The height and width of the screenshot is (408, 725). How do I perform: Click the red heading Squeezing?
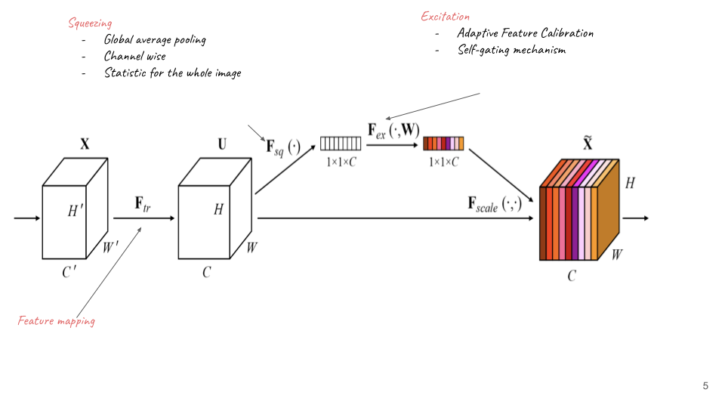[x=90, y=23]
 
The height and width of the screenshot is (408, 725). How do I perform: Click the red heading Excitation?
[x=446, y=17]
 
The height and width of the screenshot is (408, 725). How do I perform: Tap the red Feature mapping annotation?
[x=57, y=320]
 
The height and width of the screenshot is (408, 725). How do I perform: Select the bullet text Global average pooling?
[x=155, y=40]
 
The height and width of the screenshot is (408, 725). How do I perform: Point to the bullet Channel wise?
[x=134, y=56]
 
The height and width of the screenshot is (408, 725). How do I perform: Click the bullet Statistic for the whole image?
[x=172, y=73]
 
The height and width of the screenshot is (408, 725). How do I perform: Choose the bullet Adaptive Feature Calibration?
[x=526, y=32]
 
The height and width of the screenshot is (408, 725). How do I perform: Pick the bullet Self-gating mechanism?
[x=511, y=50]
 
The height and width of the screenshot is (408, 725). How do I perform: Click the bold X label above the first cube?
[x=85, y=144]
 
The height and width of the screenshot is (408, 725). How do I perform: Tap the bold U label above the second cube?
[x=222, y=144]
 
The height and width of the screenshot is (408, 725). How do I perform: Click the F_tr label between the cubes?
[x=143, y=204]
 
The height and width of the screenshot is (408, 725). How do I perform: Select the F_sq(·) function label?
[x=283, y=147]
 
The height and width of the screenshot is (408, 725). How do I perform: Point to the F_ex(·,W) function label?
[x=393, y=131]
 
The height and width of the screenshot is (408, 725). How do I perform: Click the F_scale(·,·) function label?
[x=494, y=204]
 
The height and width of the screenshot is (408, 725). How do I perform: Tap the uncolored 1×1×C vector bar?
[x=341, y=144]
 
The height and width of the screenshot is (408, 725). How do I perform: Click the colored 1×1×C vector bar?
[x=443, y=144]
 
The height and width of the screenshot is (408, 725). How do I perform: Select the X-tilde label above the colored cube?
[x=588, y=143]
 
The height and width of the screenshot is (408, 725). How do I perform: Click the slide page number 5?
[x=705, y=386]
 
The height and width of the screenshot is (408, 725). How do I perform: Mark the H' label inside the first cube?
[x=76, y=211]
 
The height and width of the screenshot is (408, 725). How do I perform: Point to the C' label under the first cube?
[x=69, y=272]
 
